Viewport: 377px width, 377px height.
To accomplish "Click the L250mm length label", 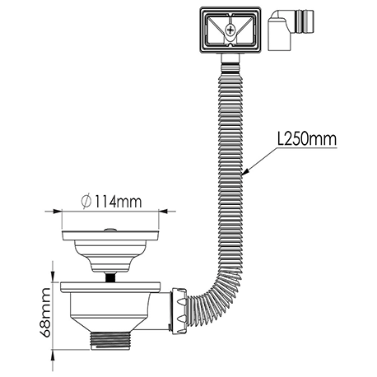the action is [x=306, y=139].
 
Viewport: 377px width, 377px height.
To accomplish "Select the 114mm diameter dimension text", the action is [x=118, y=202].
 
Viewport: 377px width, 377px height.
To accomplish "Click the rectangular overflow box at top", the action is [x=230, y=30].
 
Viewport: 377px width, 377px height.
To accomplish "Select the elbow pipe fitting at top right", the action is [x=291, y=30].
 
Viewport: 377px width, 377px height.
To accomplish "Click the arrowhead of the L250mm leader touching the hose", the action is [x=244, y=172].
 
